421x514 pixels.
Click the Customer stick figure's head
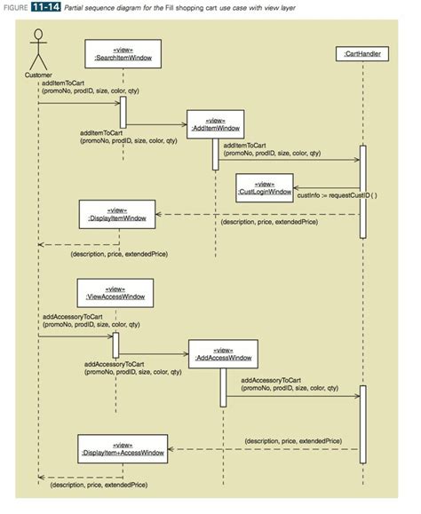37,36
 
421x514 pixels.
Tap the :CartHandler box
363,55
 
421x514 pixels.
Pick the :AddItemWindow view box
215,123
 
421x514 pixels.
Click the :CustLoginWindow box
263,187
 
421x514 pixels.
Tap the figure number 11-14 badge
49,8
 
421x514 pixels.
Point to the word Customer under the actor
36,75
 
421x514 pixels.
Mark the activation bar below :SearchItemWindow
123,111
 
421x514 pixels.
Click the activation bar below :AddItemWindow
215,153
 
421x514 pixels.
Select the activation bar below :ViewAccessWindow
115,345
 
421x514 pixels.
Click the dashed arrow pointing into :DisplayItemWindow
258,214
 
